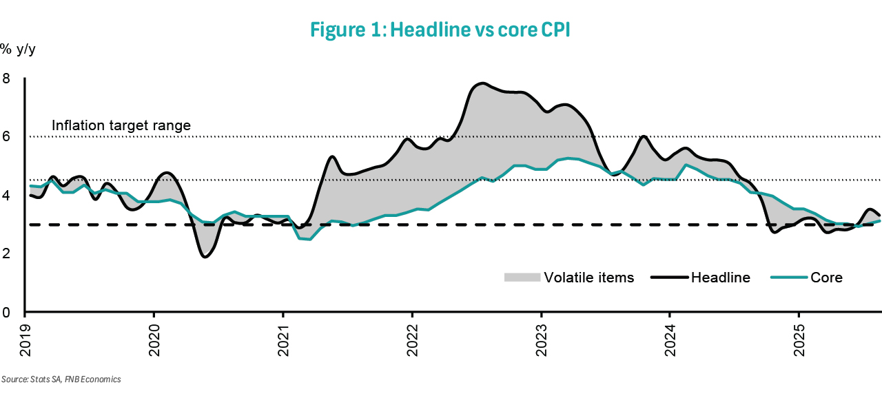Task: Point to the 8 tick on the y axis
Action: pos(6,79)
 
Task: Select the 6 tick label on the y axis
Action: pos(6,137)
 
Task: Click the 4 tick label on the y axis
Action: pos(6,196)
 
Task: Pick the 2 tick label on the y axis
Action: pos(6,254)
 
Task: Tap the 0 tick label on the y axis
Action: pos(6,313)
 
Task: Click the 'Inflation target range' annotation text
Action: pos(121,126)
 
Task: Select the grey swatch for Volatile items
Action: pos(522,278)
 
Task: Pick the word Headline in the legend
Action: pos(720,278)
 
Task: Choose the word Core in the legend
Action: pos(826,278)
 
